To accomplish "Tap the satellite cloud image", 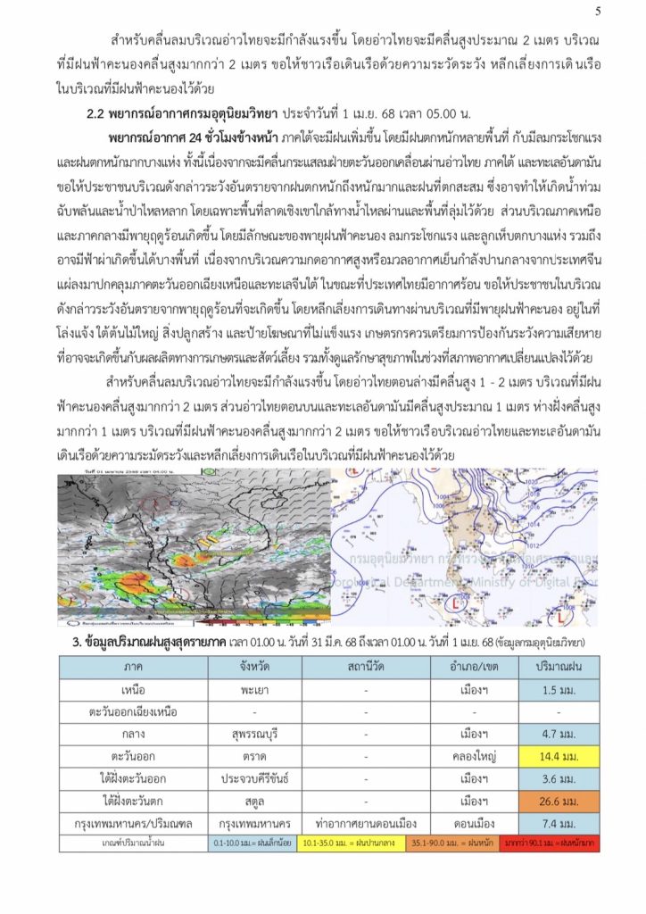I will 194,549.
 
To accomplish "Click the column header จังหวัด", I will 254,667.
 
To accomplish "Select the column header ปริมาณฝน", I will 559,667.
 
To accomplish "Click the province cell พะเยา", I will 254,691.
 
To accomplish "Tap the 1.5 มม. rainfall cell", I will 559,691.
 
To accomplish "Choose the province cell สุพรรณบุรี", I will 254,735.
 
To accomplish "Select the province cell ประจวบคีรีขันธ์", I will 254,778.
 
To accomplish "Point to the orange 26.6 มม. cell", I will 559,800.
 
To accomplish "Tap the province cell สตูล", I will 254,800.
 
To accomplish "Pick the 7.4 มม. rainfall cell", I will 559,822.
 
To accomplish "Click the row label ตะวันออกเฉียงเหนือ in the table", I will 134,712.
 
